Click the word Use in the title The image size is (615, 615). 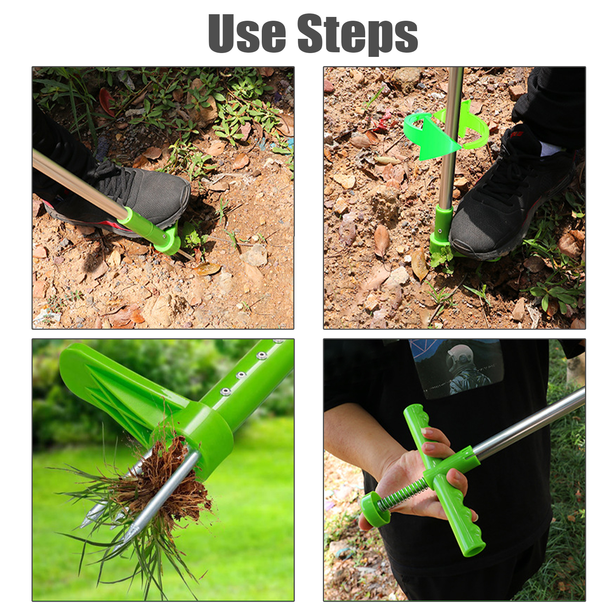[x=247, y=33]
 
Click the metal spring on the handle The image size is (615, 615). [x=402, y=496]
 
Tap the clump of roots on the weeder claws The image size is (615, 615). [x=165, y=480]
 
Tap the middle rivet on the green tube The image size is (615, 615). [x=241, y=374]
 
